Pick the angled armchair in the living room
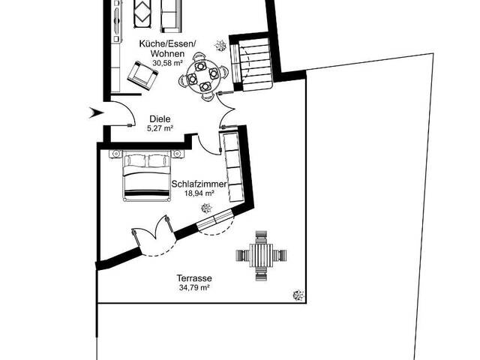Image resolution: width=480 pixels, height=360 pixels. (x=139, y=73)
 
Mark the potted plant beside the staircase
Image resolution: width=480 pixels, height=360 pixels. (x=220, y=46)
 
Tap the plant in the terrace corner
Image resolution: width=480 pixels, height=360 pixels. (x=298, y=295)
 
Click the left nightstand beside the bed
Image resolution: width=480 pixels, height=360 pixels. (x=115, y=154)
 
